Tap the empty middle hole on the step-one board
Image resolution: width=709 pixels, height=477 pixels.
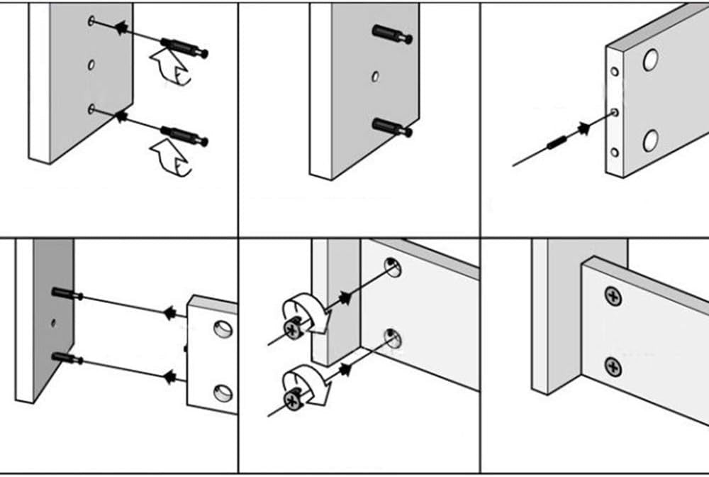(91, 65)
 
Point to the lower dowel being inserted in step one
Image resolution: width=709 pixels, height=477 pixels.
(184, 136)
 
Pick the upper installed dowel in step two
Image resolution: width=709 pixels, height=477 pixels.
(391, 35)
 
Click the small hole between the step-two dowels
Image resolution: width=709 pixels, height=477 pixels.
(375, 77)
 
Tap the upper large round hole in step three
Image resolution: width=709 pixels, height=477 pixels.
(650, 61)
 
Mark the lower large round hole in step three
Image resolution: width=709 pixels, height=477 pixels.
(650, 141)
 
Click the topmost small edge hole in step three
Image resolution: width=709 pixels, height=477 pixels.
(615, 72)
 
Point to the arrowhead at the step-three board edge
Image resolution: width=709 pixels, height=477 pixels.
(584, 128)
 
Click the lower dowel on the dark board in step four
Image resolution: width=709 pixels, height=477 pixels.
(67, 358)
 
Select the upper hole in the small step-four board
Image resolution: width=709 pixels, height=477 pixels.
(223, 329)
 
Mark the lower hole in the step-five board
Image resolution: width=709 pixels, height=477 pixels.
(391, 337)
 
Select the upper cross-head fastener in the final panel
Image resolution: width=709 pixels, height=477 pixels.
(613, 296)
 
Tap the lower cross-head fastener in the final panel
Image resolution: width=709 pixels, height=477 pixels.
(613, 367)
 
